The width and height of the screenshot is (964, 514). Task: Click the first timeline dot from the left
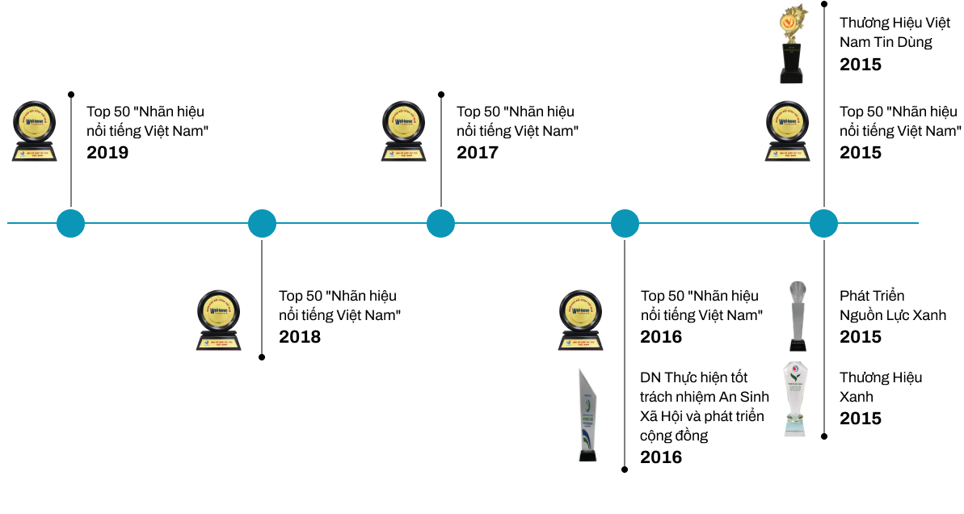click(x=70, y=223)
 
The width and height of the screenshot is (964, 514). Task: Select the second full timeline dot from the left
click(x=262, y=223)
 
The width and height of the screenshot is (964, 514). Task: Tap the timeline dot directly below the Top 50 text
click(x=440, y=223)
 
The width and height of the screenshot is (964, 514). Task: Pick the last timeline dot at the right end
click(x=823, y=223)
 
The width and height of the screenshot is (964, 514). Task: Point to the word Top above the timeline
click(x=469, y=112)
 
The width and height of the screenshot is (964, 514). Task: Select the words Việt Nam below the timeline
click(x=368, y=315)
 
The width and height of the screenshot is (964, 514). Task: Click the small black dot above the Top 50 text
click(x=441, y=94)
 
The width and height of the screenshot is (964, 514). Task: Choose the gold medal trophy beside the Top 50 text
click(x=403, y=130)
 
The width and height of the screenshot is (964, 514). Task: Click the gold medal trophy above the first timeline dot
click(x=36, y=131)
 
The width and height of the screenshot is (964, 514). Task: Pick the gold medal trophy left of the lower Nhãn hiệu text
click(x=218, y=320)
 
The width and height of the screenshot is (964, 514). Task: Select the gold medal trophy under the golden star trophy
click(x=787, y=131)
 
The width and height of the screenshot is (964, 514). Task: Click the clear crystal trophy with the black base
click(x=798, y=315)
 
